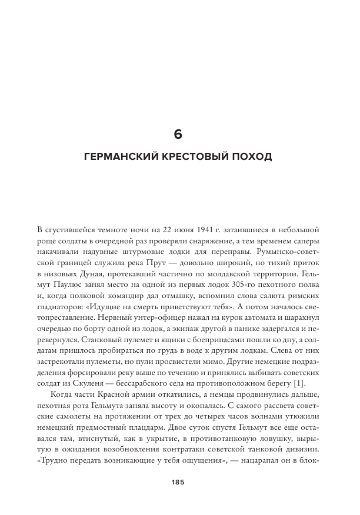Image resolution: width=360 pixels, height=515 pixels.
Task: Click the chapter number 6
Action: (x=179, y=135)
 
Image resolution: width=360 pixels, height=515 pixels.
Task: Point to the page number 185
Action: (x=179, y=482)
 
